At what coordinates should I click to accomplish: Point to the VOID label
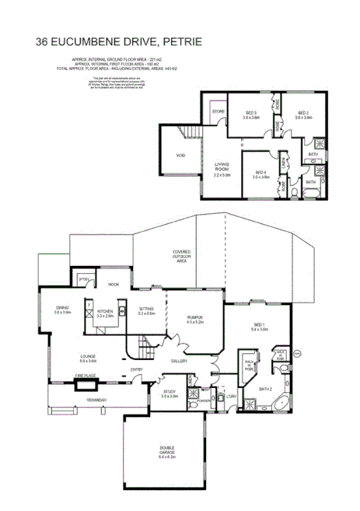click(180, 156)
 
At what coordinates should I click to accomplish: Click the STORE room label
click(218, 113)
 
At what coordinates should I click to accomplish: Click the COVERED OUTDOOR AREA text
click(181, 257)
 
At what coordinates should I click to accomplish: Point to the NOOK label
click(113, 285)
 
